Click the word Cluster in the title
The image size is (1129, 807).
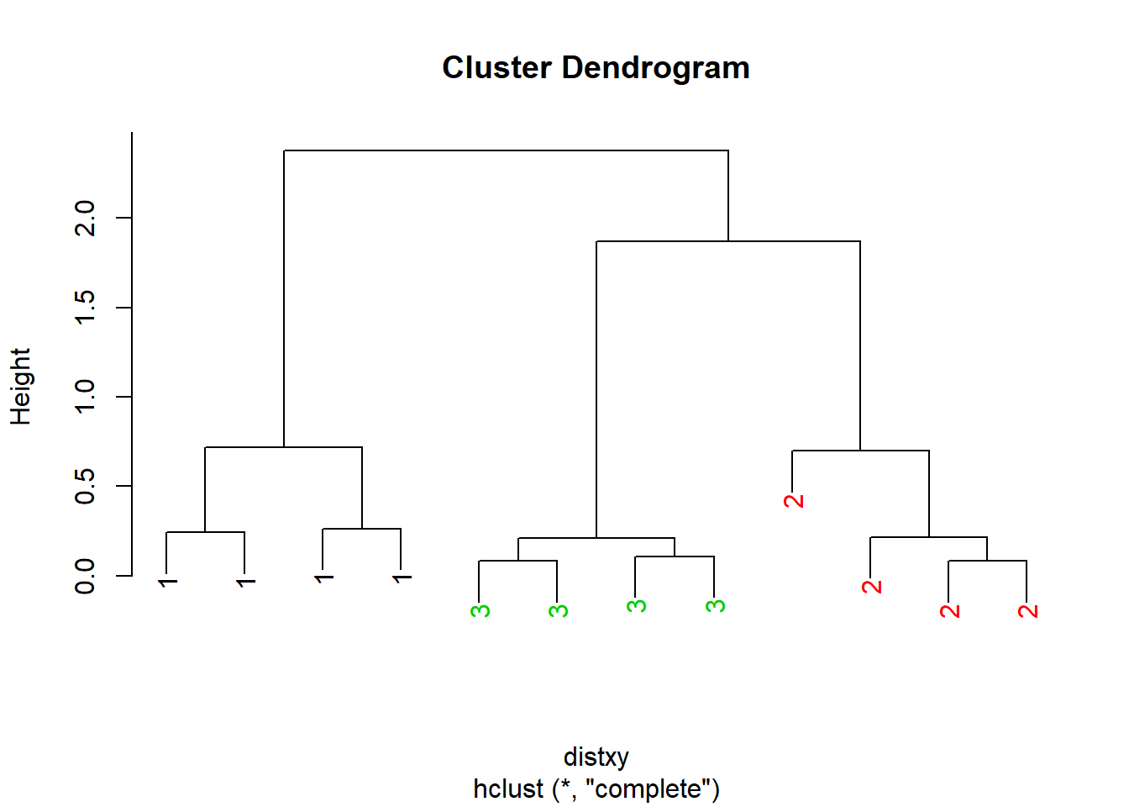pos(496,67)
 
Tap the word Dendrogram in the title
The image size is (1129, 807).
pos(656,69)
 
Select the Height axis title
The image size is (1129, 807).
pos(21,387)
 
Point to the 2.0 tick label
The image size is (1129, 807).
pos(84,218)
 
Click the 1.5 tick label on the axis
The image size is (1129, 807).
pos(84,307)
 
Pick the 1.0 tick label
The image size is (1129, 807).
pos(84,397)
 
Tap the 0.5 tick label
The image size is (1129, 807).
pos(84,486)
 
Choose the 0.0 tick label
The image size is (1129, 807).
pos(84,576)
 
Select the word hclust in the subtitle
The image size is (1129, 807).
pos(508,789)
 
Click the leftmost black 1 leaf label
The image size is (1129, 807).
pos(168,583)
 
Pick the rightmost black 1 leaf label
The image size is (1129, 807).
pos(402,578)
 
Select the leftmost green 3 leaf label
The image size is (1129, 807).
pos(480,611)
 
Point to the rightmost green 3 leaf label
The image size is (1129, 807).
pos(715,606)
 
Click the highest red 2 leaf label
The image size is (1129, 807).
pos(793,501)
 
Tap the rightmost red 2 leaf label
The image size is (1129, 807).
pos(1027,611)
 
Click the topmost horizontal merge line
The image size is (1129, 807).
pos(506,150)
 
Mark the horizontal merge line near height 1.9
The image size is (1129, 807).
pos(728,241)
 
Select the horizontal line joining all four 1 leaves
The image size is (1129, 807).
pos(283,447)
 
